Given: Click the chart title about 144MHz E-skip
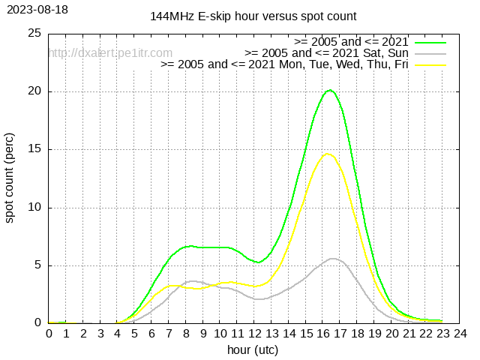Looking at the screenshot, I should (x=253, y=16).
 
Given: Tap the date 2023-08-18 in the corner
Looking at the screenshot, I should (x=35, y=9).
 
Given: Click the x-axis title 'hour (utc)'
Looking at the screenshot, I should (x=253, y=349).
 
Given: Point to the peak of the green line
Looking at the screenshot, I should (x=330, y=91).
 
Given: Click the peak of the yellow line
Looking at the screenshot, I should (x=328, y=154).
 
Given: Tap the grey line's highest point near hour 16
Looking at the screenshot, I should (x=332, y=259).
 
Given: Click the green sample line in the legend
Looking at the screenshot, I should (x=430, y=41).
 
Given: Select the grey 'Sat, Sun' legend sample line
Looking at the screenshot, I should (x=430, y=52).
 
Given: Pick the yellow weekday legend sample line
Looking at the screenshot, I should (x=430, y=64).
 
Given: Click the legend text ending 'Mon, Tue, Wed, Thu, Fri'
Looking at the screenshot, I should (x=284, y=64).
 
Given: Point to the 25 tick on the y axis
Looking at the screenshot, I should (x=34, y=34).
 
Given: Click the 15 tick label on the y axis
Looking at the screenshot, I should (x=34, y=149).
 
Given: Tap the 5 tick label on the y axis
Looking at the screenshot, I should (x=37, y=265).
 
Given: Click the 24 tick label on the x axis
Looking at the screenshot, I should (x=460, y=332).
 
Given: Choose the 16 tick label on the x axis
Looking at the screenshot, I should (x=323, y=332).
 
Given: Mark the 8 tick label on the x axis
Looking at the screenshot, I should (x=186, y=332).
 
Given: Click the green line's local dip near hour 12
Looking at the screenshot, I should (x=257, y=262).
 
